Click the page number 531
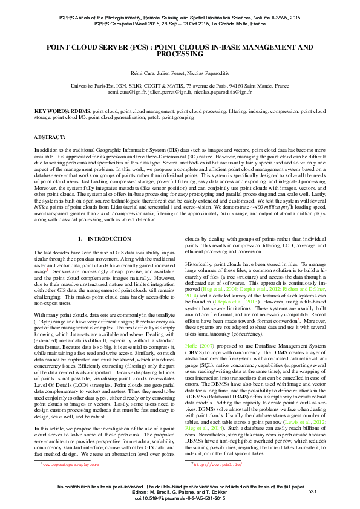[312, 493]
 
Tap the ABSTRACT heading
[50, 138]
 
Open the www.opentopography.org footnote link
[54, 465]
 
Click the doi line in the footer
[180, 499]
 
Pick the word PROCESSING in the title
[180, 54]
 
